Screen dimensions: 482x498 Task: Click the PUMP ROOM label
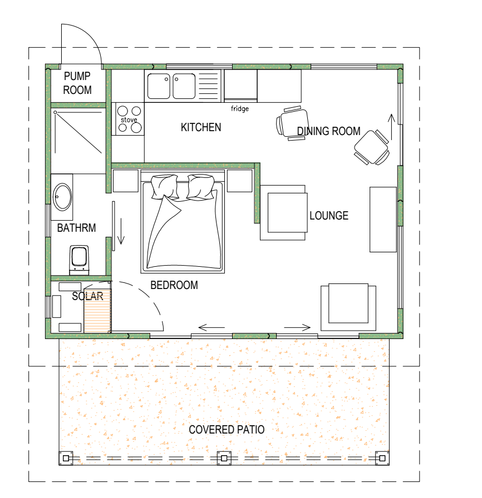click(77, 83)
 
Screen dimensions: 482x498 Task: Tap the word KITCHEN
click(201, 127)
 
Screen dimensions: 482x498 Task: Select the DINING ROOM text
click(328, 131)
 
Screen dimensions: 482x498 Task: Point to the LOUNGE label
click(329, 216)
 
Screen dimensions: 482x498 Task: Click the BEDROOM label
click(174, 285)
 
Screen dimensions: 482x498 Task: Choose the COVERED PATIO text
click(227, 430)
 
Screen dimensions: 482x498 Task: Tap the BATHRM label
click(76, 228)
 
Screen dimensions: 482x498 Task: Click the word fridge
click(240, 108)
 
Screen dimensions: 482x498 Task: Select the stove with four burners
click(130, 119)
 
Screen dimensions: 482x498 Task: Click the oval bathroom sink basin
click(62, 197)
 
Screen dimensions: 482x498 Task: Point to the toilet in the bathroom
click(79, 260)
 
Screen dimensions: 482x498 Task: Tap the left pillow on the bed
click(164, 187)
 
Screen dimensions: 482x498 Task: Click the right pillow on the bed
click(201, 187)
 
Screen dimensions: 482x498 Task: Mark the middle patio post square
click(224, 458)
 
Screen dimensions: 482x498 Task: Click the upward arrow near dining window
click(391, 127)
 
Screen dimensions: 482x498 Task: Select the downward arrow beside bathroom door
click(121, 231)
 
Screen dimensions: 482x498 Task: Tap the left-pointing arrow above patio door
click(212, 327)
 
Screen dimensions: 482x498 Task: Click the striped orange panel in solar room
click(97, 311)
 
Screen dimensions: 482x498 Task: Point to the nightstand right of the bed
click(240, 181)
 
